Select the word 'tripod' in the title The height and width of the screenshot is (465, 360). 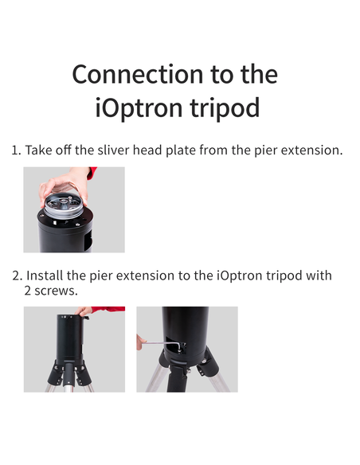[226, 107]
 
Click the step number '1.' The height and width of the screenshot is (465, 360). [16, 150]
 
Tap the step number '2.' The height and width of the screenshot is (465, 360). [17, 275]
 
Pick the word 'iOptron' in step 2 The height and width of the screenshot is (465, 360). [238, 275]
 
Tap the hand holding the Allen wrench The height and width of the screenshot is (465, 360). [141, 342]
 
